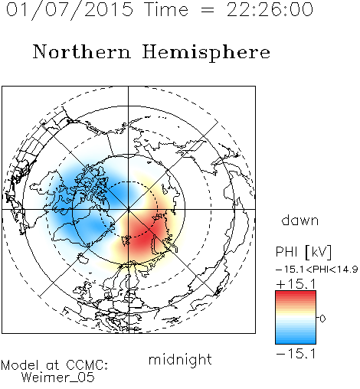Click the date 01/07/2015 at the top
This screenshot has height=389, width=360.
coord(70,10)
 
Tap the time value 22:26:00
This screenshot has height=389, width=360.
coord(270,9)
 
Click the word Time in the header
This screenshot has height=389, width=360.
coord(166,9)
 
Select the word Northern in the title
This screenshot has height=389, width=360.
coord(82,52)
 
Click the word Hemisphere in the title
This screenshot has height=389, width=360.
coord(206,53)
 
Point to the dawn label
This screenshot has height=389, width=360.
coord(300,220)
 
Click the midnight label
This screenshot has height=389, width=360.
coord(180,359)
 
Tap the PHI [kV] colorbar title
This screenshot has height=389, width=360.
coord(303,252)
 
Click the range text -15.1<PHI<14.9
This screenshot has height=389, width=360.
coord(316,270)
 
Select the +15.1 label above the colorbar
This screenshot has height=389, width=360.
coord(296,284)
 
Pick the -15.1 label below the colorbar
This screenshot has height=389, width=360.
coord(296,354)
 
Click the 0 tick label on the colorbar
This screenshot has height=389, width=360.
coord(322,319)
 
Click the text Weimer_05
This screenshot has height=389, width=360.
coord(58,378)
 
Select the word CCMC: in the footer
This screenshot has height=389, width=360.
coord(87,365)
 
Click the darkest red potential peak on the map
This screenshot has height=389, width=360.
coord(142,237)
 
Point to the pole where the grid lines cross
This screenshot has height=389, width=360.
coord(129,209)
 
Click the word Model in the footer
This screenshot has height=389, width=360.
coord(20,365)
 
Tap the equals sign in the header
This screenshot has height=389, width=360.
coord(208,10)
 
